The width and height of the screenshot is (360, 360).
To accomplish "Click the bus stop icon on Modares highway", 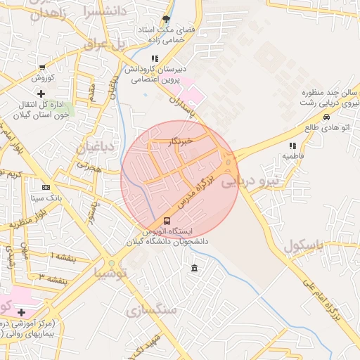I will coord(166,221).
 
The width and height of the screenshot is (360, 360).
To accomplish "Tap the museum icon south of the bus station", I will coord(194,269).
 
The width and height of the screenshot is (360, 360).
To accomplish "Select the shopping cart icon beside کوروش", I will coord(43,68).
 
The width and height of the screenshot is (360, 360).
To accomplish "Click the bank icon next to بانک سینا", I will coord(46,188).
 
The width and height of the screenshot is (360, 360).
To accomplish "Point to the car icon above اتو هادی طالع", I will coord(326,117).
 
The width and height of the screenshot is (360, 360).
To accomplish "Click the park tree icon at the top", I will coord(166,19).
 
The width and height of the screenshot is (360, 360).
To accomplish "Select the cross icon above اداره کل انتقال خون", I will coord(41,94).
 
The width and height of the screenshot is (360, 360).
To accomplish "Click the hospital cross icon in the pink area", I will coord(21,312).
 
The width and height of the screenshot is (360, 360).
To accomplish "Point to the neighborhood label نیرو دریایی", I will coord(251,181).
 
